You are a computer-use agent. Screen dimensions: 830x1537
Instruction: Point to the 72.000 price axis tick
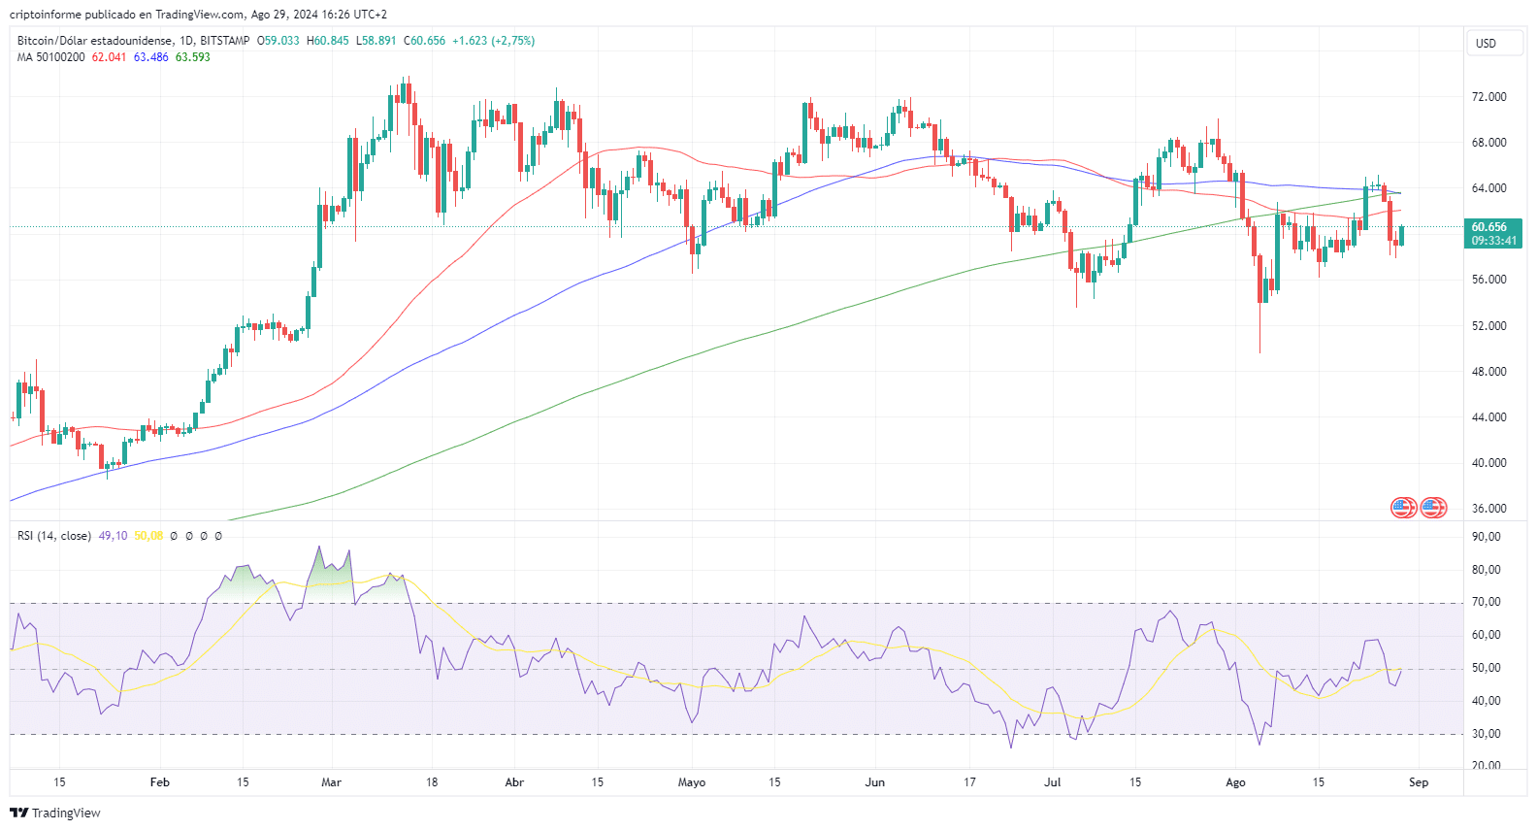pyautogui.click(x=1488, y=97)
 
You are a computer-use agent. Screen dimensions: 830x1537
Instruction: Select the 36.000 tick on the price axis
pyautogui.click(x=1488, y=509)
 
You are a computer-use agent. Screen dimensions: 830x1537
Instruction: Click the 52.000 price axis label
pyautogui.click(x=1488, y=326)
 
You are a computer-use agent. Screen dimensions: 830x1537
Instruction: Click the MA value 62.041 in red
pyautogui.click(x=109, y=57)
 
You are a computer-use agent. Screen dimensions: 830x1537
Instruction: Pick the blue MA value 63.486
pyautogui.click(x=150, y=57)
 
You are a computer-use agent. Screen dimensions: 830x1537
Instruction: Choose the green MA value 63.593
pyautogui.click(x=192, y=57)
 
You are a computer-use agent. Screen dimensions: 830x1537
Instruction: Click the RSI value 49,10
pyautogui.click(x=113, y=536)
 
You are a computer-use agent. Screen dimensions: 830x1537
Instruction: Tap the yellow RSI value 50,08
pyautogui.click(x=148, y=536)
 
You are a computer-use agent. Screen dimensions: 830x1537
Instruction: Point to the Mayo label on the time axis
pyautogui.click(x=691, y=782)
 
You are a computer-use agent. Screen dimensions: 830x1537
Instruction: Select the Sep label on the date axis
pyautogui.click(x=1418, y=782)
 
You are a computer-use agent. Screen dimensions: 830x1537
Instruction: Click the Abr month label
pyautogui.click(x=514, y=782)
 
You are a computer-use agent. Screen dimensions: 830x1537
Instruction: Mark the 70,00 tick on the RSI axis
pyautogui.click(x=1486, y=602)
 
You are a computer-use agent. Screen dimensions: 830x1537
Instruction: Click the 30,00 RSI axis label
pyautogui.click(x=1486, y=734)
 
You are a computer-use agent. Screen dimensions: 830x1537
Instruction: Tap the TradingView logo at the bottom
pyautogui.click(x=55, y=813)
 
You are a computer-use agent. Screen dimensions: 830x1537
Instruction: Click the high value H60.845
pyautogui.click(x=327, y=41)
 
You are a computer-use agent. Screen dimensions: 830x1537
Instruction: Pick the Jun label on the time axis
pyautogui.click(x=874, y=782)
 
